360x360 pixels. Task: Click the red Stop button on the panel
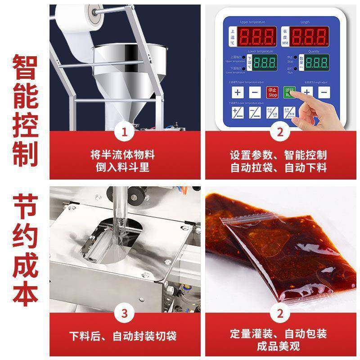pos(273,93)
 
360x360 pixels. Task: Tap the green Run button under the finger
pos(289,93)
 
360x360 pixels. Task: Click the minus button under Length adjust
pos(324,93)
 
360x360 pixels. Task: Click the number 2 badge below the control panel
pos(279,132)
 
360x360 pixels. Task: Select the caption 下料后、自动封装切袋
pos(122,336)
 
